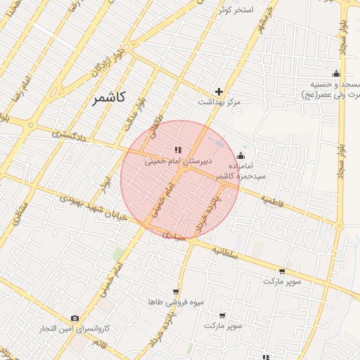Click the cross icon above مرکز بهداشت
pos(219,91)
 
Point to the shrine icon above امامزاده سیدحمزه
pos(241,156)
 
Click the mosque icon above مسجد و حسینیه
pos(336,74)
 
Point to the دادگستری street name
pos(70,134)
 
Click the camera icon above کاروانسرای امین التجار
pos(75,319)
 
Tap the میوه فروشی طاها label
pos(176,302)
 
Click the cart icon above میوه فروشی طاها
pos(175,291)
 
